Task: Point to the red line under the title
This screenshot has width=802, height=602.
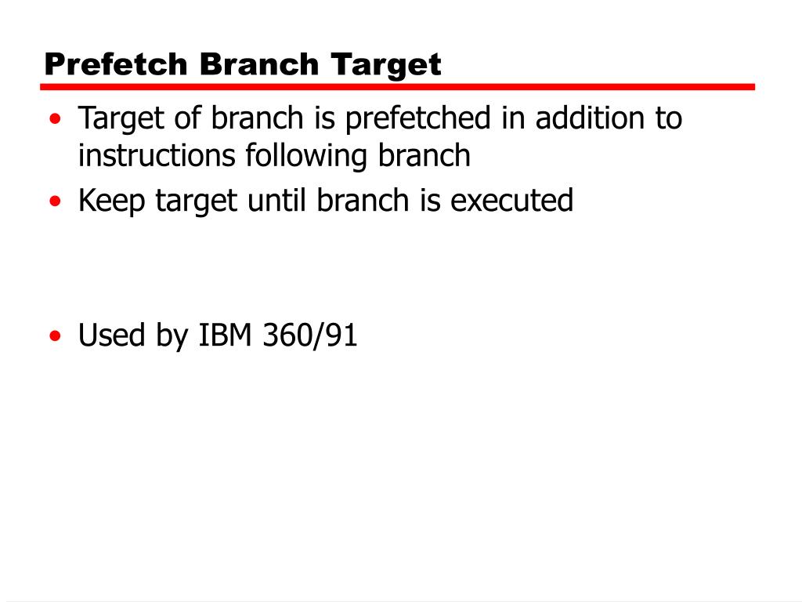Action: click(399, 87)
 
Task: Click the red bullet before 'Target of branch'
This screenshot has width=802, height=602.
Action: click(54, 120)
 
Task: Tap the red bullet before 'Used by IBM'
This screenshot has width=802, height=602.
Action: click(54, 336)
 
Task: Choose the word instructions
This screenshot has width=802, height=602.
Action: click(157, 157)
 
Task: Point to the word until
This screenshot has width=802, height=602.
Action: click(279, 201)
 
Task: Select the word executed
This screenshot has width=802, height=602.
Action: click(513, 201)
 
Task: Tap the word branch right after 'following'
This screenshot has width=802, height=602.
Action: click(425, 156)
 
